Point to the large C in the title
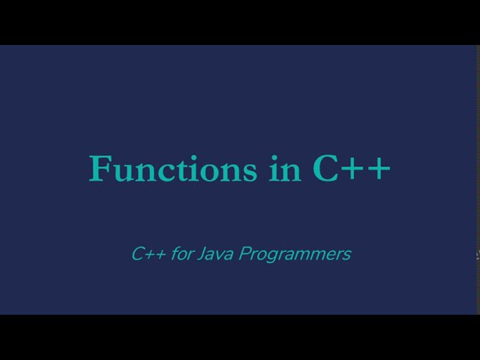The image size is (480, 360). [x=327, y=169]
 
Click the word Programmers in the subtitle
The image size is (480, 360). [x=295, y=254]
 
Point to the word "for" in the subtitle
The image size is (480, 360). [x=182, y=254]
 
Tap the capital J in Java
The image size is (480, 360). [x=202, y=254]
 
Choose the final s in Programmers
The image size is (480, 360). [x=346, y=256]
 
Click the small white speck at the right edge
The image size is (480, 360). [x=478, y=256]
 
